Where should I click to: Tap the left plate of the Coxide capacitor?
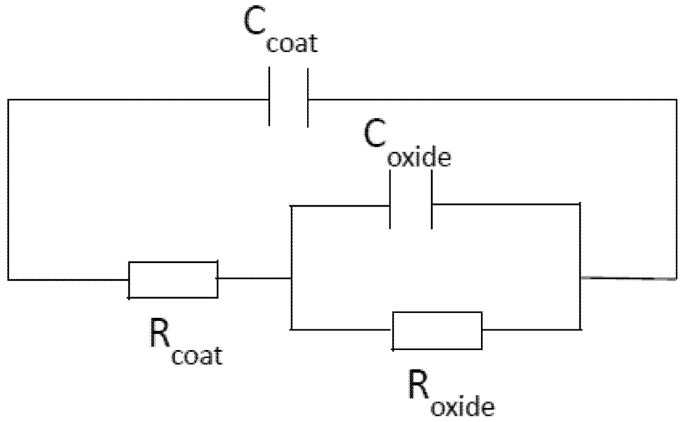[x=390, y=200]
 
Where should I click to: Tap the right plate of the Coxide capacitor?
[x=432, y=200]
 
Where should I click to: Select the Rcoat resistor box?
[x=173, y=279]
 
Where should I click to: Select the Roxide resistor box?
[x=437, y=331]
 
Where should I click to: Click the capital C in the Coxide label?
[x=374, y=134]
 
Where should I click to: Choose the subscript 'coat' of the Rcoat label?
[x=197, y=356]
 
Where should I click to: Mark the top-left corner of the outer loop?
[x=8, y=100]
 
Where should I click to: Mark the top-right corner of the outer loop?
[x=676, y=100]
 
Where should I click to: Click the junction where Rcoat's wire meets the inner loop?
[x=291, y=279]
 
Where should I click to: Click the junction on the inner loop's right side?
[x=580, y=278]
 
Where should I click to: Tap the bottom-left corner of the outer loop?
[x=8, y=279]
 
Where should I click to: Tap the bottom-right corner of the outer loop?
[x=676, y=278]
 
